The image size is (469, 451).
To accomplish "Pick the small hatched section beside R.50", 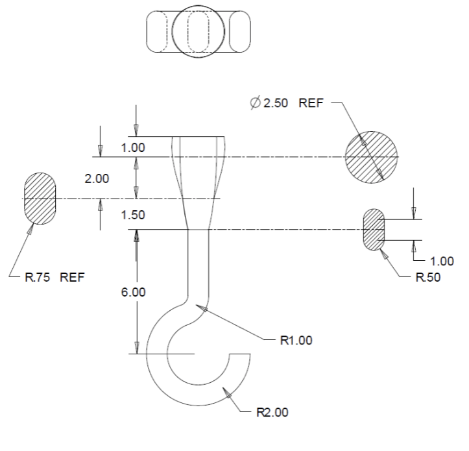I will [375, 230].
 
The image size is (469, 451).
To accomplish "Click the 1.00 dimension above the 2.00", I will [133, 147].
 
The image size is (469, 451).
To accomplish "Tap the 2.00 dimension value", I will [97, 178].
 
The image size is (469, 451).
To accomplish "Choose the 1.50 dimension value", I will [133, 215].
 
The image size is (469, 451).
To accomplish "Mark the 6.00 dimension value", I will [133, 292].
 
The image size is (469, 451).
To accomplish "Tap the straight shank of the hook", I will [198, 260].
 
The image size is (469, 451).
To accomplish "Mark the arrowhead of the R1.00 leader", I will [204, 308].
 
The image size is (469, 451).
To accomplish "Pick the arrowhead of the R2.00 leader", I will [224, 391].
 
